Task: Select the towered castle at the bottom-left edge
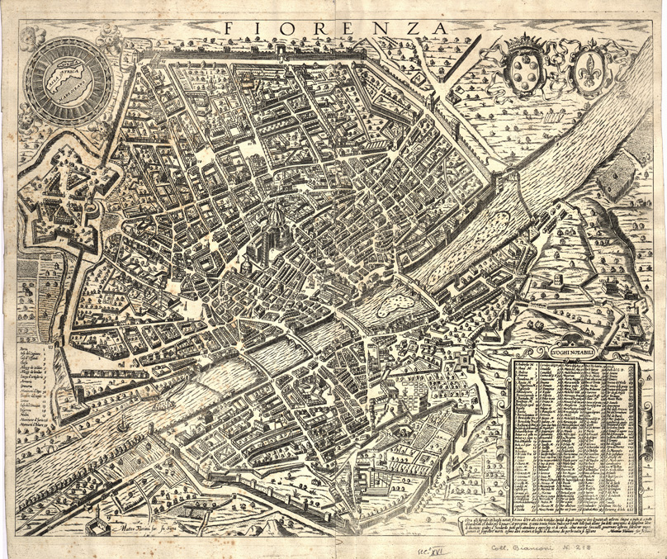coord(97,519)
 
